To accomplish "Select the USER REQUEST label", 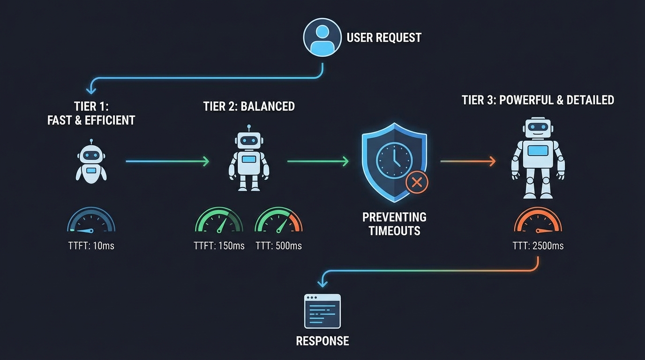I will coord(384,37).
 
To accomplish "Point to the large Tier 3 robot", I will coord(538,157).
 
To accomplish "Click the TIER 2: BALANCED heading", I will coord(249,106).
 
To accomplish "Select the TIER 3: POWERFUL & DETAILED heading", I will coord(538,100).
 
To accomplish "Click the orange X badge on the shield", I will coord(416,182).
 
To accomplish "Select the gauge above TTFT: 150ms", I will coord(219,221).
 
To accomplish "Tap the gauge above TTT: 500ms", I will coord(278,221).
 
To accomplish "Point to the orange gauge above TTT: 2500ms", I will coord(538,221).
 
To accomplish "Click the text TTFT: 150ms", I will coord(219,246).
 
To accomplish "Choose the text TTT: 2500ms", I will coord(538,246).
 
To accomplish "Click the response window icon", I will coord(322,311).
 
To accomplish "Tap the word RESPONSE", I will coord(322,341).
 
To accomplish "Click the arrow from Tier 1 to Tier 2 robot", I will coord(167,162).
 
